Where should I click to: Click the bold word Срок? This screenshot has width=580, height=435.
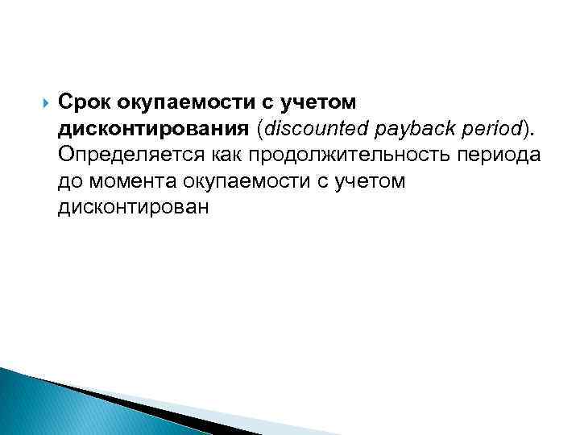[83, 103]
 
